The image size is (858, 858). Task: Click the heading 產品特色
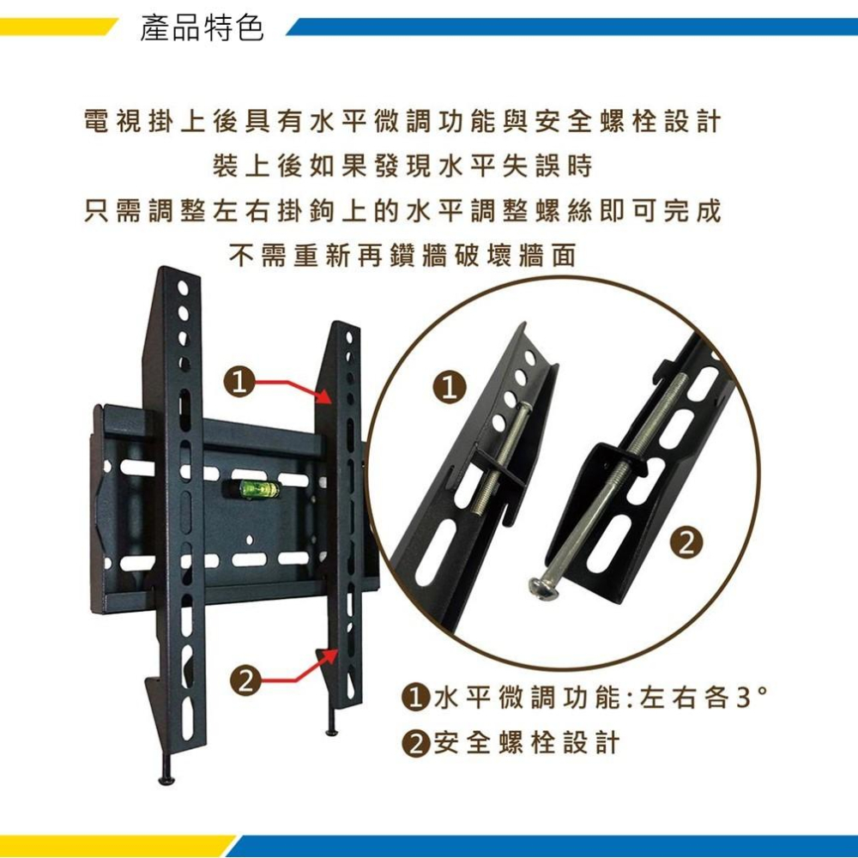click(202, 28)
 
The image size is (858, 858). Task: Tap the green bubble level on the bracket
click(253, 489)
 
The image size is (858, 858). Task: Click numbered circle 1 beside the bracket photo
click(239, 382)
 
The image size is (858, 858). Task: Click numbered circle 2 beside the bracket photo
click(245, 680)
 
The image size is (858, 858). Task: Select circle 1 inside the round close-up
click(450, 388)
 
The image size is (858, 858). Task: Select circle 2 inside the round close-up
click(688, 544)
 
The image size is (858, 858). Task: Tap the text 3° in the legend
click(752, 698)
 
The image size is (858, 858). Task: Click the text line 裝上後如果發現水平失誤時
click(402, 166)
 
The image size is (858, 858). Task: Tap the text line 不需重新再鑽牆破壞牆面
click(402, 256)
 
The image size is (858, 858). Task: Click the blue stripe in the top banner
click(571, 27)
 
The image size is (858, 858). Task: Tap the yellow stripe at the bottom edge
click(115, 846)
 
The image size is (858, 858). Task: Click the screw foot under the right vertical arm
click(332, 722)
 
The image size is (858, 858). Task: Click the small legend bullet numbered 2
click(414, 744)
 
